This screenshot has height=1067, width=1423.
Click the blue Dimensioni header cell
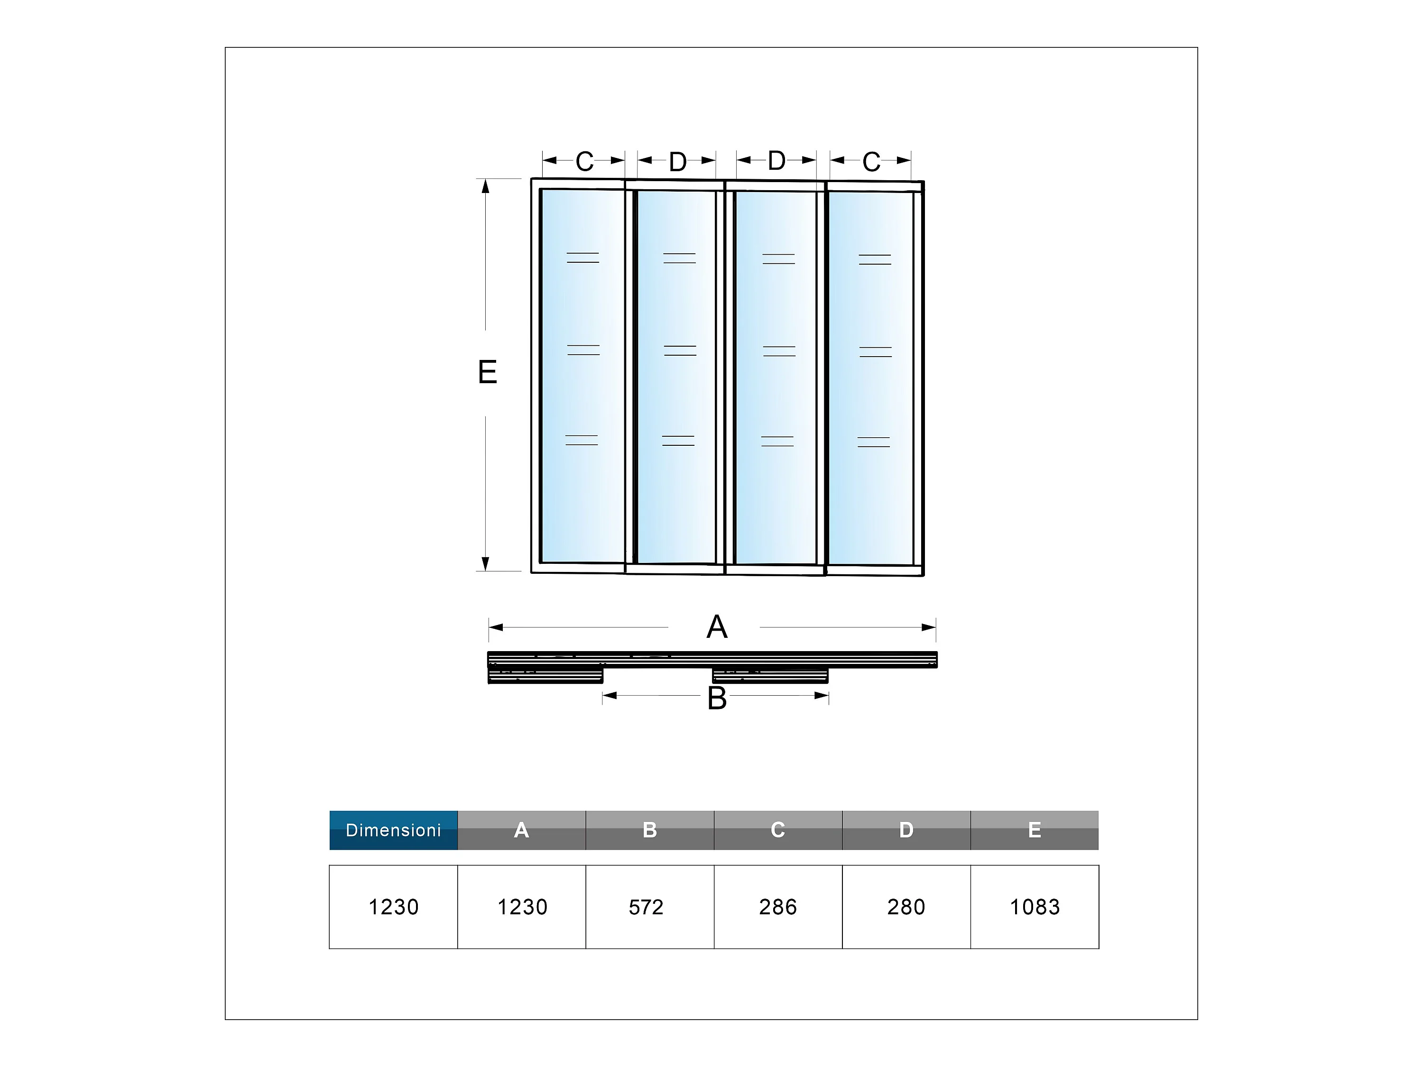pyautogui.click(x=393, y=830)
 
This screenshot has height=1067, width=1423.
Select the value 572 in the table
pyautogui.click(x=646, y=907)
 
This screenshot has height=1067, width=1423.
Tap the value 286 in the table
pyautogui.click(x=778, y=907)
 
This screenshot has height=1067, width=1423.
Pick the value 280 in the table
pyautogui.click(x=906, y=907)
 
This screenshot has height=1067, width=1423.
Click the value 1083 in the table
pyautogui.click(x=1035, y=907)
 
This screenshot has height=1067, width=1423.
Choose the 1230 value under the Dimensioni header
pyautogui.click(x=393, y=907)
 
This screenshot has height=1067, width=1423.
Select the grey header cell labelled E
pyautogui.click(x=1035, y=830)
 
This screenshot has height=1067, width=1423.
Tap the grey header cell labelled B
pyautogui.click(x=650, y=830)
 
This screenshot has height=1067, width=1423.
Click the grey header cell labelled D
pyautogui.click(x=906, y=830)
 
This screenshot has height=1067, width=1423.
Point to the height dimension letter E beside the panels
pyautogui.click(x=488, y=372)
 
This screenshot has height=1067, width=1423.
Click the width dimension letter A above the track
pyautogui.click(x=717, y=626)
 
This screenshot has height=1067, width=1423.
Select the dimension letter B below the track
pyautogui.click(x=717, y=699)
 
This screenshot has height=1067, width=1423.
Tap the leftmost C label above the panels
pyautogui.click(x=584, y=161)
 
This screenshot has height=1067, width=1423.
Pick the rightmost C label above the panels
pyautogui.click(x=871, y=162)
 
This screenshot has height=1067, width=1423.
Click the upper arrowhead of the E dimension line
pyautogui.click(x=486, y=186)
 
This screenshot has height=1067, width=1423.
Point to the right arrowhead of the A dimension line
pyautogui.click(x=928, y=627)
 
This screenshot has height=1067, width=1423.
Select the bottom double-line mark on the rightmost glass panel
pyautogui.click(x=874, y=442)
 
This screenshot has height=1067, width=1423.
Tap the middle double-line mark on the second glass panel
pyautogui.click(x=680, y=350)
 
